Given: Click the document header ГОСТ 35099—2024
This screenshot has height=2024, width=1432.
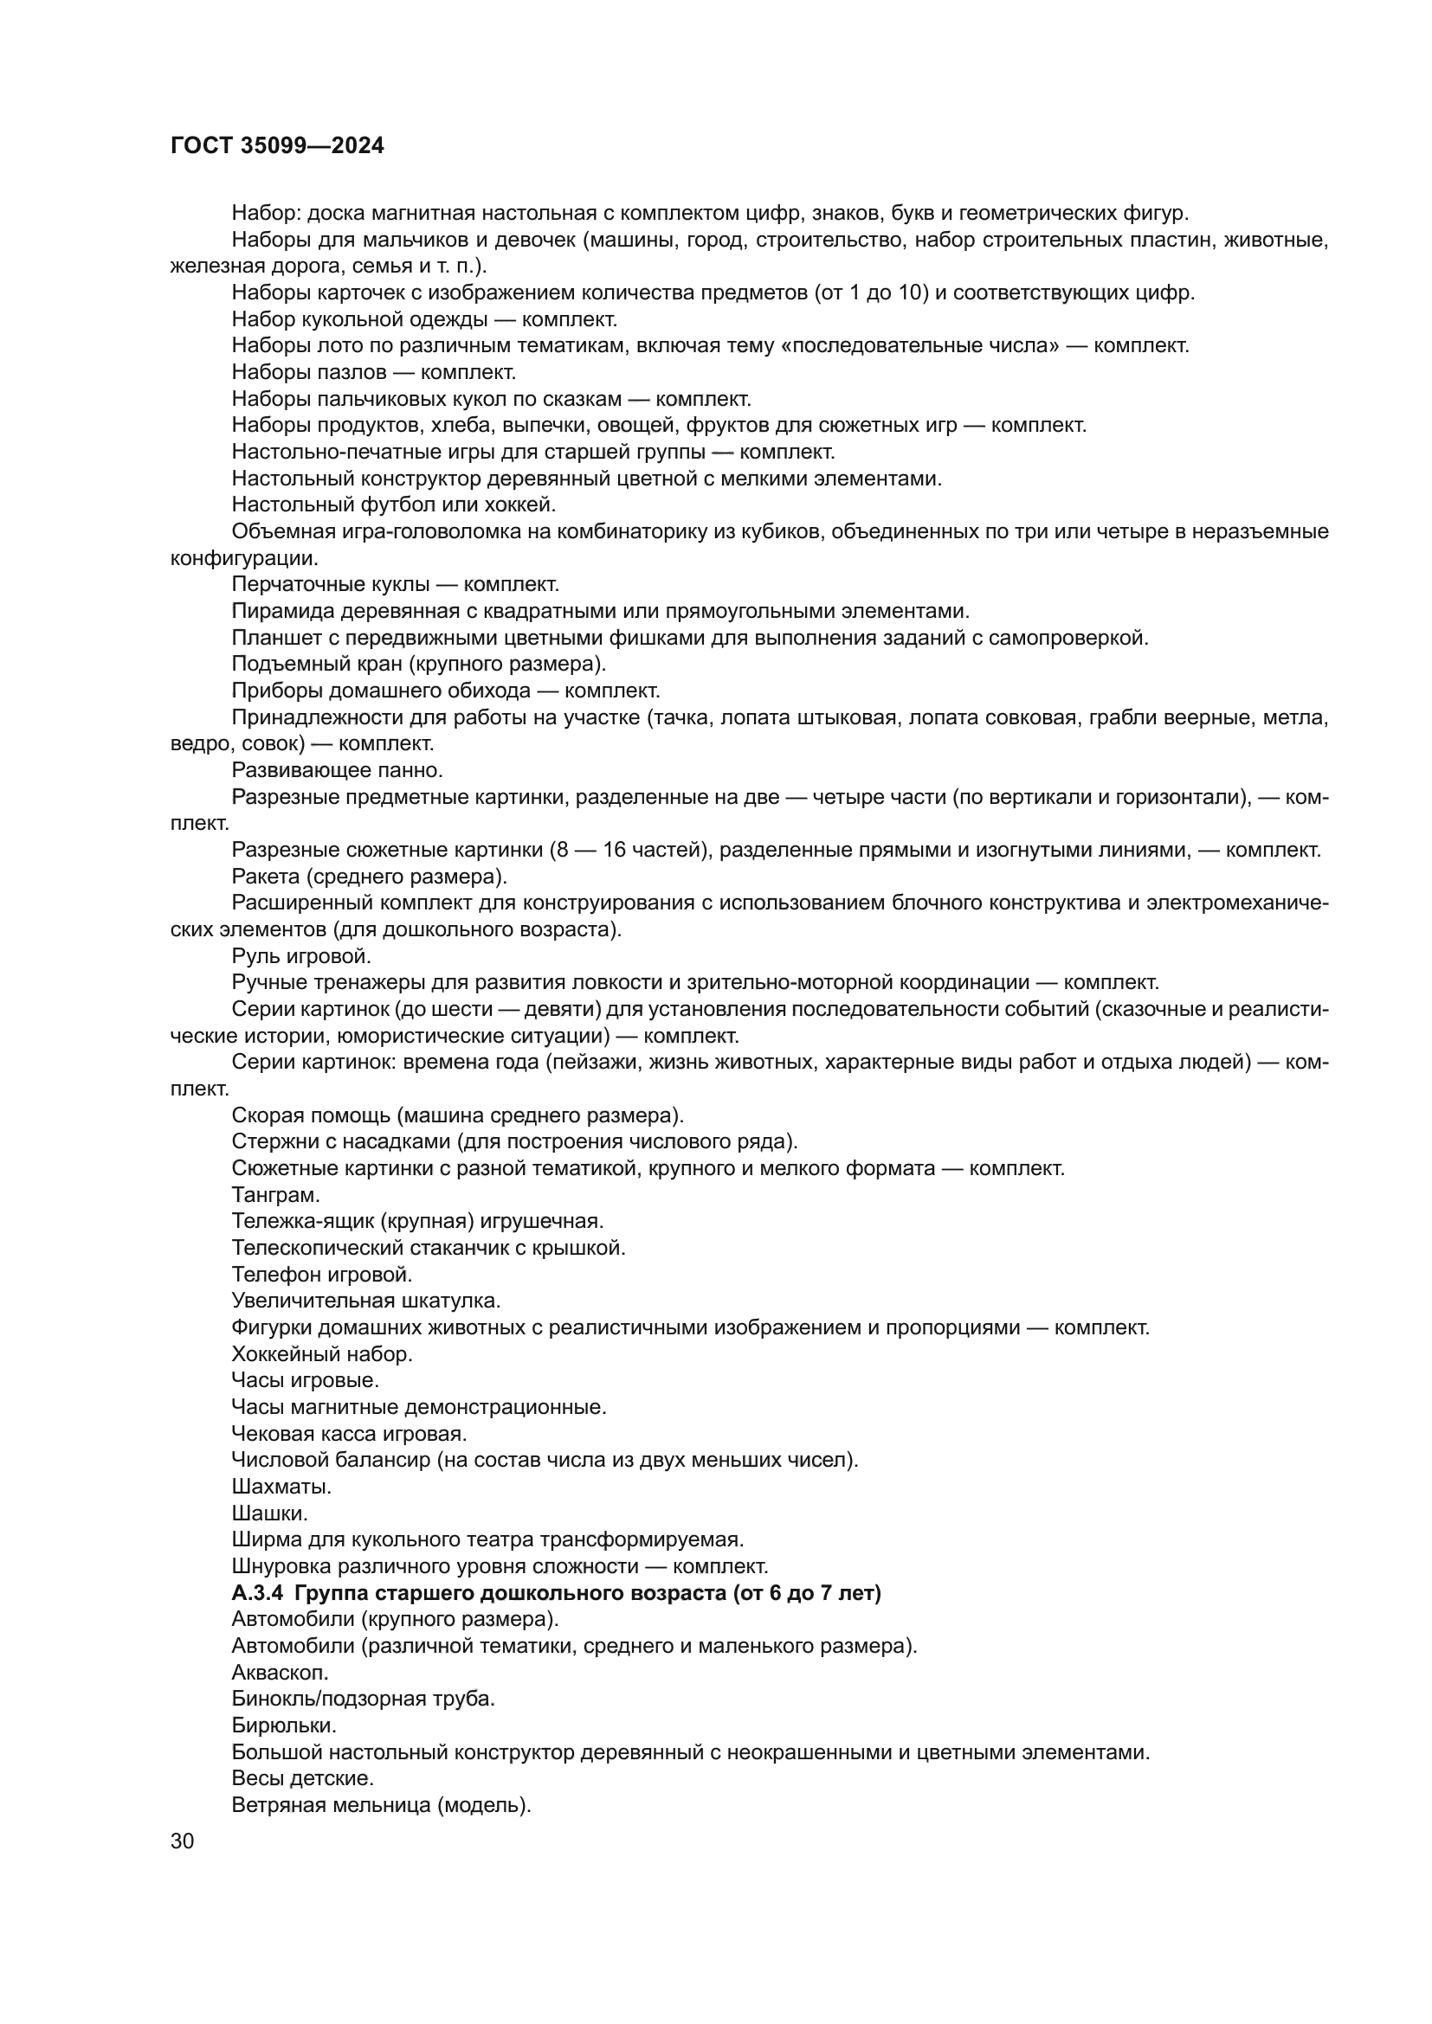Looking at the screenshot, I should coord(277,146).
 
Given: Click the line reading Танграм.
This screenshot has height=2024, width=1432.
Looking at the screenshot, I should coord(275,1195).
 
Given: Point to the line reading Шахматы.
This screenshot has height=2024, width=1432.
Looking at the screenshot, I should coord(281,1487).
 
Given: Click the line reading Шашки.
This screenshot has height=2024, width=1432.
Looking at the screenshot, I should coord(269,1513).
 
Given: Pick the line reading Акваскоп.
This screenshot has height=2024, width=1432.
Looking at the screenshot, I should coord(280,1673).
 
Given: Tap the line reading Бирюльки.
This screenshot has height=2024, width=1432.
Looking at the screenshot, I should coord(284,1725).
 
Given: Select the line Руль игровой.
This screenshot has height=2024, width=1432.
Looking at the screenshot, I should coord(300,955).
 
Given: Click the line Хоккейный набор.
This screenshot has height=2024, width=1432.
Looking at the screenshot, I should coord(322,1354).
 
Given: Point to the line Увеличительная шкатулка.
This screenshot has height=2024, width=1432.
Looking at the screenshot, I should coord(366,1301).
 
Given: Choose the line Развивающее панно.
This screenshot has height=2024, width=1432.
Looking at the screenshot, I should coord(337,770).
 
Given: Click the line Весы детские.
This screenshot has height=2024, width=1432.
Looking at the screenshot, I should coord(302,1778).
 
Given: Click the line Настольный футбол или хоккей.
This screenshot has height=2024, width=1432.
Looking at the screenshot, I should coord(393,505).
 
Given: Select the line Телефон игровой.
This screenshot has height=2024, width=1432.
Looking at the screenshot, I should coord(322,1274).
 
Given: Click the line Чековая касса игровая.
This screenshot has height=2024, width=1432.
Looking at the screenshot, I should coord(349,1433).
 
